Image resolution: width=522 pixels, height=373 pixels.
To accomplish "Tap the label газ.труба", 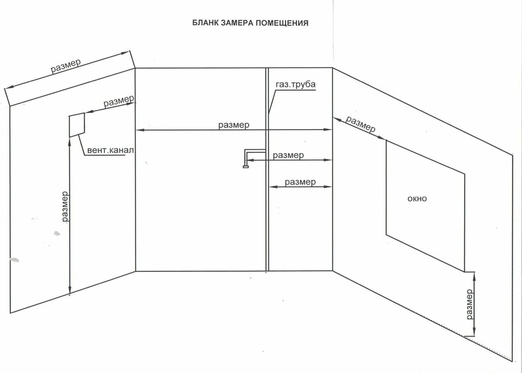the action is click(x=295, y=85).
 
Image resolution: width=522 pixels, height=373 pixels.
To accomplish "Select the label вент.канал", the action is click(x=110, y=151).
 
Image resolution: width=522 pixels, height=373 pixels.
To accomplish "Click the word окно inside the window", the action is click(x=417, y=199).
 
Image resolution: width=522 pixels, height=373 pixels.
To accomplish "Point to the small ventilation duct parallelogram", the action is click(x=77, y=125).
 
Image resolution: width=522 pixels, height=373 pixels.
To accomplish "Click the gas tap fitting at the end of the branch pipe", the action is click(x=246, y=165).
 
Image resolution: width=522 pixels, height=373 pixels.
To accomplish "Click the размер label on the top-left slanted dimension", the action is click(x=66, y=66).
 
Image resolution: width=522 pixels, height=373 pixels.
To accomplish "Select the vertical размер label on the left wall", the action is click(x=65, y=206).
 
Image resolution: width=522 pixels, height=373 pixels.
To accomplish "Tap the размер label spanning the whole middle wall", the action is click(x=234, y=125).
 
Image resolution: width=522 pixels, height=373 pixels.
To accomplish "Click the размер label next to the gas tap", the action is click(x=288, y=155).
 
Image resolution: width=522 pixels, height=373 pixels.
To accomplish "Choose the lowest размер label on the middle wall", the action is click(x=300, y=182).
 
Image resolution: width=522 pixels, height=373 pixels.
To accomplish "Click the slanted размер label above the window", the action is click(x=360, y=124).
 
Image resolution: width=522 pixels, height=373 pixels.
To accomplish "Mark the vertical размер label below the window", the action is click(x=469, y=304).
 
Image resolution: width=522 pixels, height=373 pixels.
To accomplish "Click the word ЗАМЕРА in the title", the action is click(x=237, y=23).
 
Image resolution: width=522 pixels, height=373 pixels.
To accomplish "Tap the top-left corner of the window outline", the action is click(x=386, y=140).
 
